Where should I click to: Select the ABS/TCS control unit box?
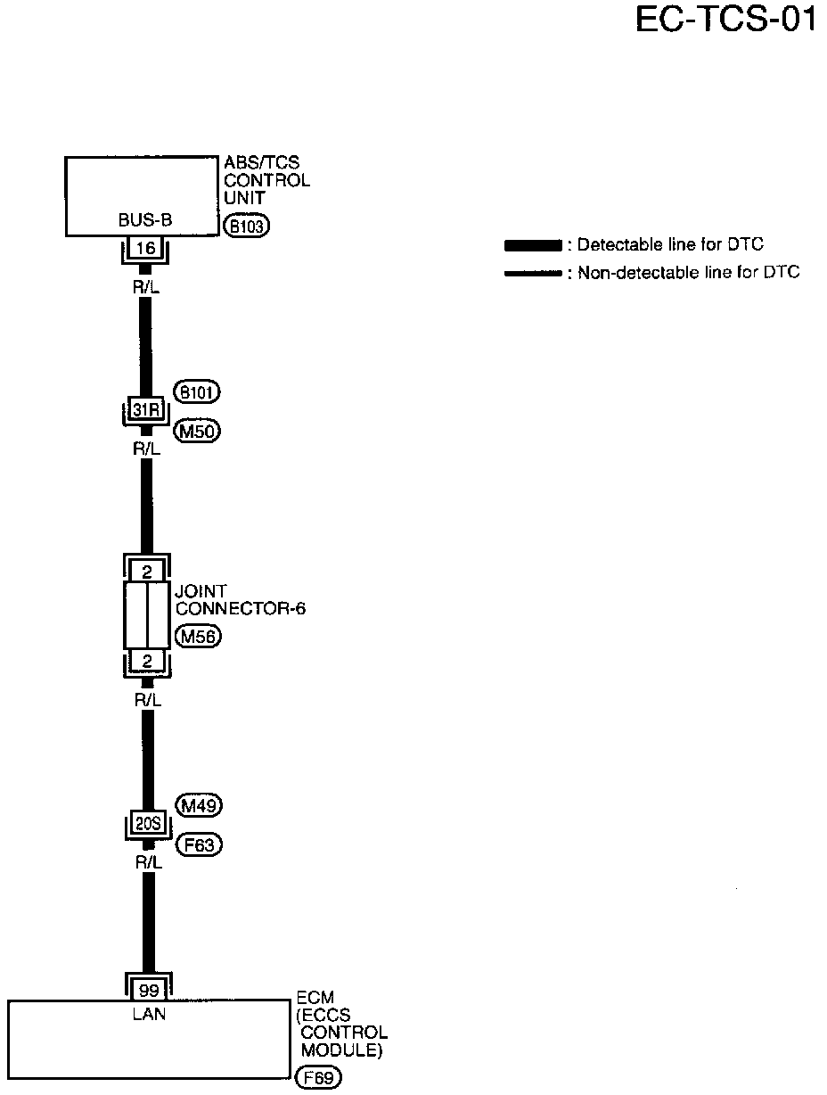pos(142,196)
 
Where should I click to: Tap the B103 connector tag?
pos(246,226)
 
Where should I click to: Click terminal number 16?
pos(145,248)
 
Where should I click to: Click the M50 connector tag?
pos(197,431)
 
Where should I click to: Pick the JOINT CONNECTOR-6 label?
pos(241,599)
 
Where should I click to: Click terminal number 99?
pos(148,990)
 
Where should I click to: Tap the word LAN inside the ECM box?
pos(148,1013)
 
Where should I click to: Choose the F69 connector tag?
pos(318,1078)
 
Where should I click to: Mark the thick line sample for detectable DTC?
pos(532,245)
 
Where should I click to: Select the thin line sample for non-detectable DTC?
pos(532,274)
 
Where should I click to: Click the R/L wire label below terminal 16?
pos(146,288)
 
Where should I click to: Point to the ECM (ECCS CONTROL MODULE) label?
pos(341,1025)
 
